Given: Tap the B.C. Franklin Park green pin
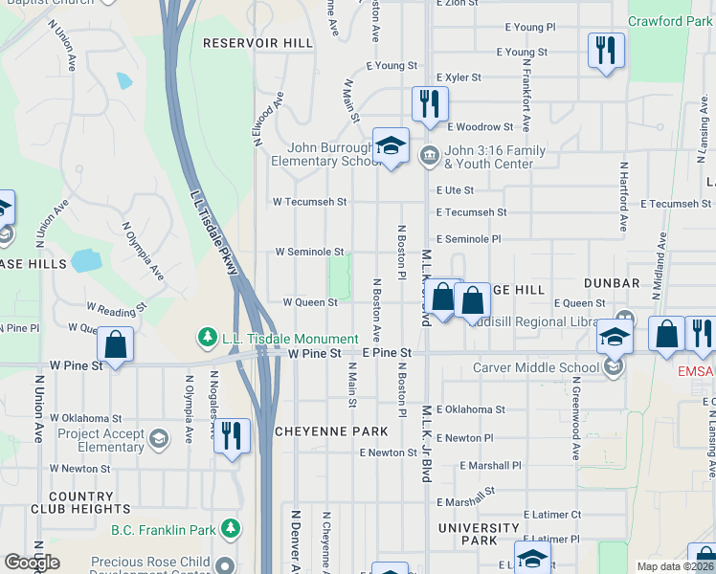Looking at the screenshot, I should click(230, 529).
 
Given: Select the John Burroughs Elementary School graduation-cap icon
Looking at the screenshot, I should click(391, 146).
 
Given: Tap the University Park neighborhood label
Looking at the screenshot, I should click(479, 535).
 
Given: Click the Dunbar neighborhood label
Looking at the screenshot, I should click(610, 284).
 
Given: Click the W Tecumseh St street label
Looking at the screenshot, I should click(309, 202).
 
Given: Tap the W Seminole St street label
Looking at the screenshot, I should click(309, 252).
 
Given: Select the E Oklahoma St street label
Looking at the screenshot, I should click(470, 409).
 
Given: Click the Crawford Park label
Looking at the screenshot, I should click(669, 21).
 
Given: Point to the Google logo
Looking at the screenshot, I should click(32, 563).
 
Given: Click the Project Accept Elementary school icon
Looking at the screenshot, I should click(158, 439).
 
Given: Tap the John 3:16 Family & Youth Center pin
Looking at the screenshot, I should click(430, 153).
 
